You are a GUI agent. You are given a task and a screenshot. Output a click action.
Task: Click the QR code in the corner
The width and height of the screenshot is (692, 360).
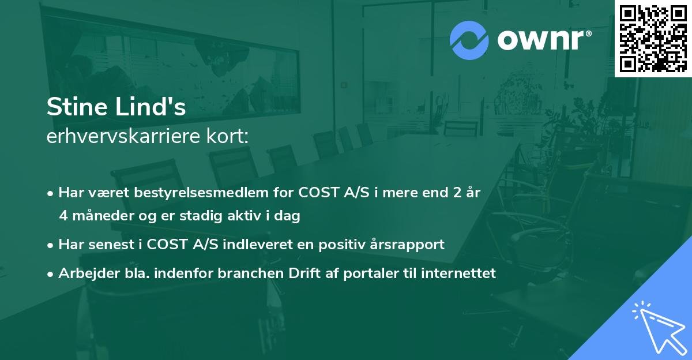(653, 38)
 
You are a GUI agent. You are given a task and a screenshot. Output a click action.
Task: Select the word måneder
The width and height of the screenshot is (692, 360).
(100, 216)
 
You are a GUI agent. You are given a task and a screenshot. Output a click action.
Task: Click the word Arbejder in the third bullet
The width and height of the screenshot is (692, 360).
(83, 273)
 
